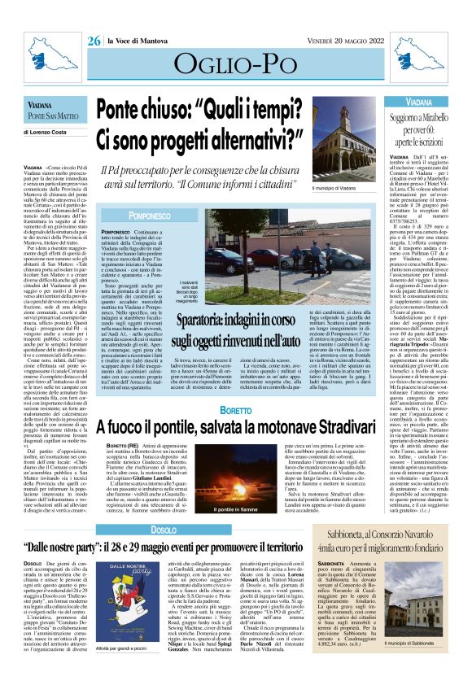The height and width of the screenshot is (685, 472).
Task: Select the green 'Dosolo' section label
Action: coord(164,530)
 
